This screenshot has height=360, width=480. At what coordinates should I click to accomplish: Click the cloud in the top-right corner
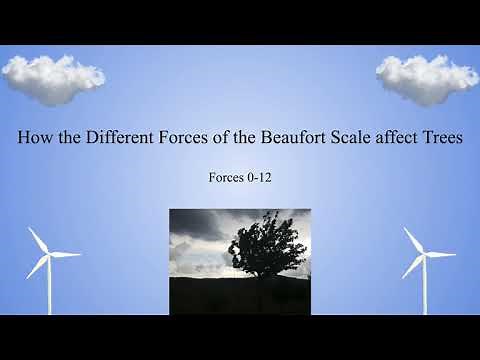(427, 77)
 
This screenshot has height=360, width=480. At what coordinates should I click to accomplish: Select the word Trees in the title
(439, 139)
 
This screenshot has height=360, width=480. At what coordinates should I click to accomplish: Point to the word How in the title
(35, 139)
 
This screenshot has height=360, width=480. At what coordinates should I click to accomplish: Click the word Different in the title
(116, 139)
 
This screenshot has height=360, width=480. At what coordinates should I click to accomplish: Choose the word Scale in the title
(353, 139)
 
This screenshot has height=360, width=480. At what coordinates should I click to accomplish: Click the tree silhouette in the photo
(264, 246)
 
